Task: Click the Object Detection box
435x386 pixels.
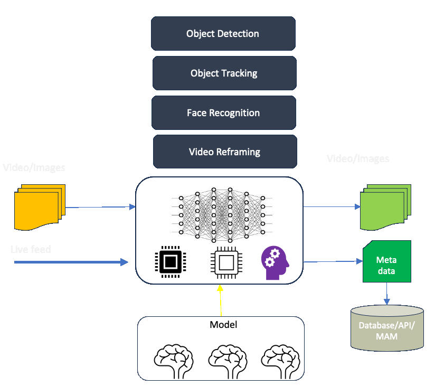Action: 222,33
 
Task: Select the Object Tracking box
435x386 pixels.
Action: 224,73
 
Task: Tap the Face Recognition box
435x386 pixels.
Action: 223,112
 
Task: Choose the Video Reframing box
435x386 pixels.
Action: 224,152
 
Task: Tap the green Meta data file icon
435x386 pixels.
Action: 386,261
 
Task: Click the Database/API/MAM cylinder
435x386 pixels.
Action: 387,327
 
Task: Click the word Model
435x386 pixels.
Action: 223,325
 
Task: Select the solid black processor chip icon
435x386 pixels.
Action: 171,262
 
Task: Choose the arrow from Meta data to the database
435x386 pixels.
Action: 387,293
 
